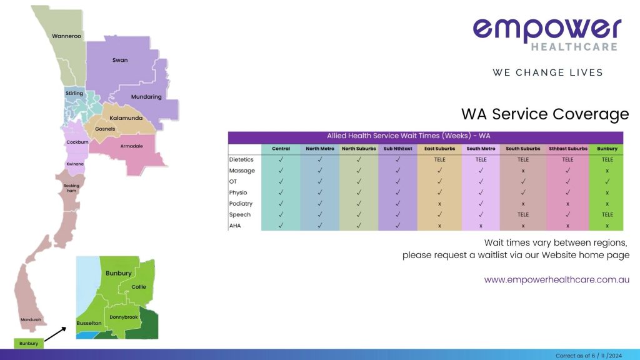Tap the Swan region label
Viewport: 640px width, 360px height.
click(x=120, y=60)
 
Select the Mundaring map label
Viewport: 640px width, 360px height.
click(x=146, y=97)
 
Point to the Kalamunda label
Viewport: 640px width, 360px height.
click(x=126, y=118)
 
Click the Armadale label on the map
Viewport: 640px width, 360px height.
click(x=132, y=146)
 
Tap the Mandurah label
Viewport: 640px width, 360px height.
click(x=30, y=319)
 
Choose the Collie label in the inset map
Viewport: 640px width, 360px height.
click(x=139, y=287)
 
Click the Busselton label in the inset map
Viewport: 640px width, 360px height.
click(x=89, y=323)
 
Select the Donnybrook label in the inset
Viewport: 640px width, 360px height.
click(x=123, y=317)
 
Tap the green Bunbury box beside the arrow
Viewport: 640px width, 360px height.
click(x=28, y=343)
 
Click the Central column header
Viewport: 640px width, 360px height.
click(x=281, y=149)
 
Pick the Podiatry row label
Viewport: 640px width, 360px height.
click(x=241, y=204)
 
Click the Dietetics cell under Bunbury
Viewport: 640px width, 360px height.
click(x=607, y=159)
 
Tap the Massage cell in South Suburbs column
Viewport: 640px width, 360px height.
click(x=522, y=171)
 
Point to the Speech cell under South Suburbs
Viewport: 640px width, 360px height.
click(x=522, y=214)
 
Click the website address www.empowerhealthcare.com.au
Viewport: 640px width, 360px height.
click(x=556, y=280)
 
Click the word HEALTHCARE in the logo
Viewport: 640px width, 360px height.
click(x=574, y=47)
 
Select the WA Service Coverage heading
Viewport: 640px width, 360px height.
click(x=544, y=114)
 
